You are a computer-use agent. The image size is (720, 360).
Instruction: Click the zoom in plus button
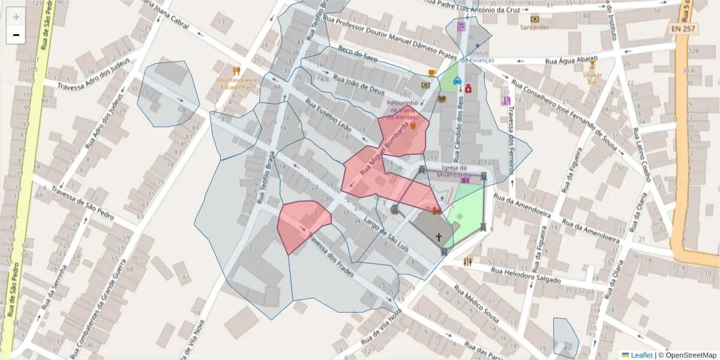point(16,17)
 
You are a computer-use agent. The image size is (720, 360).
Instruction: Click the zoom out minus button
point(16,35)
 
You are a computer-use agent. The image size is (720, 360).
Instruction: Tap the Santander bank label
point(534,27)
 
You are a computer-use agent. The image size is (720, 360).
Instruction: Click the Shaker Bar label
point(592,78)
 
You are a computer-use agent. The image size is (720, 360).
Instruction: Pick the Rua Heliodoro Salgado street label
point(526,275)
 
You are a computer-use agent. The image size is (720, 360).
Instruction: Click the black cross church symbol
point(439,237)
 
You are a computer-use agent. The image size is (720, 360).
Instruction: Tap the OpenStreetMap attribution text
point(687,355)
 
